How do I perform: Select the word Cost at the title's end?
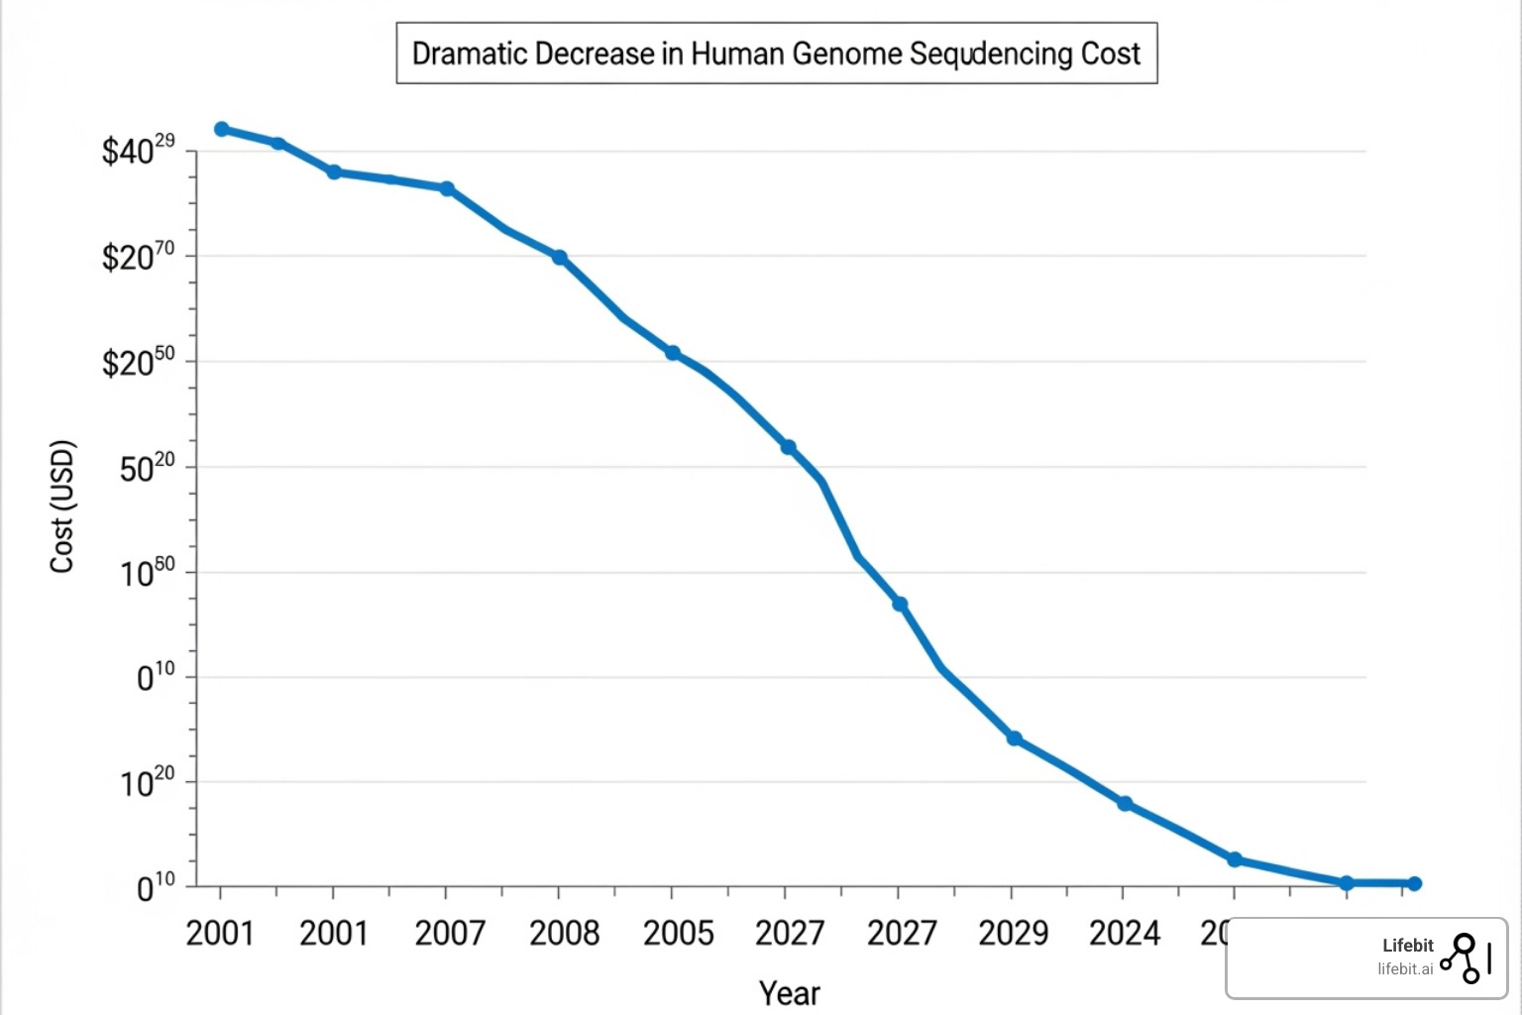coord(1110,54)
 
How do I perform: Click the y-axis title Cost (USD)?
coord(62,506)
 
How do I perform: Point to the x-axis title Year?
coord(789,993)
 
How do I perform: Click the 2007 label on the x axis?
coord(449,933)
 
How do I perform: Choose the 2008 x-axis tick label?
coord(564,933)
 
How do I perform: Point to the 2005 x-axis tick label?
coord(678,933)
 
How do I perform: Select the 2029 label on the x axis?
coord(1013,933)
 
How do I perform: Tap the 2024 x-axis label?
coord(1124,933)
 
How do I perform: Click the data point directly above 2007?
coord(447,188)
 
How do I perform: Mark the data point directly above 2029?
coord(1014,738)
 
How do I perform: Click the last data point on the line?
coord(1414,883)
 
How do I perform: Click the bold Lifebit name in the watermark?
coord(1407,946)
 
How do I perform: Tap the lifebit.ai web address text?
coord(1404,969)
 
